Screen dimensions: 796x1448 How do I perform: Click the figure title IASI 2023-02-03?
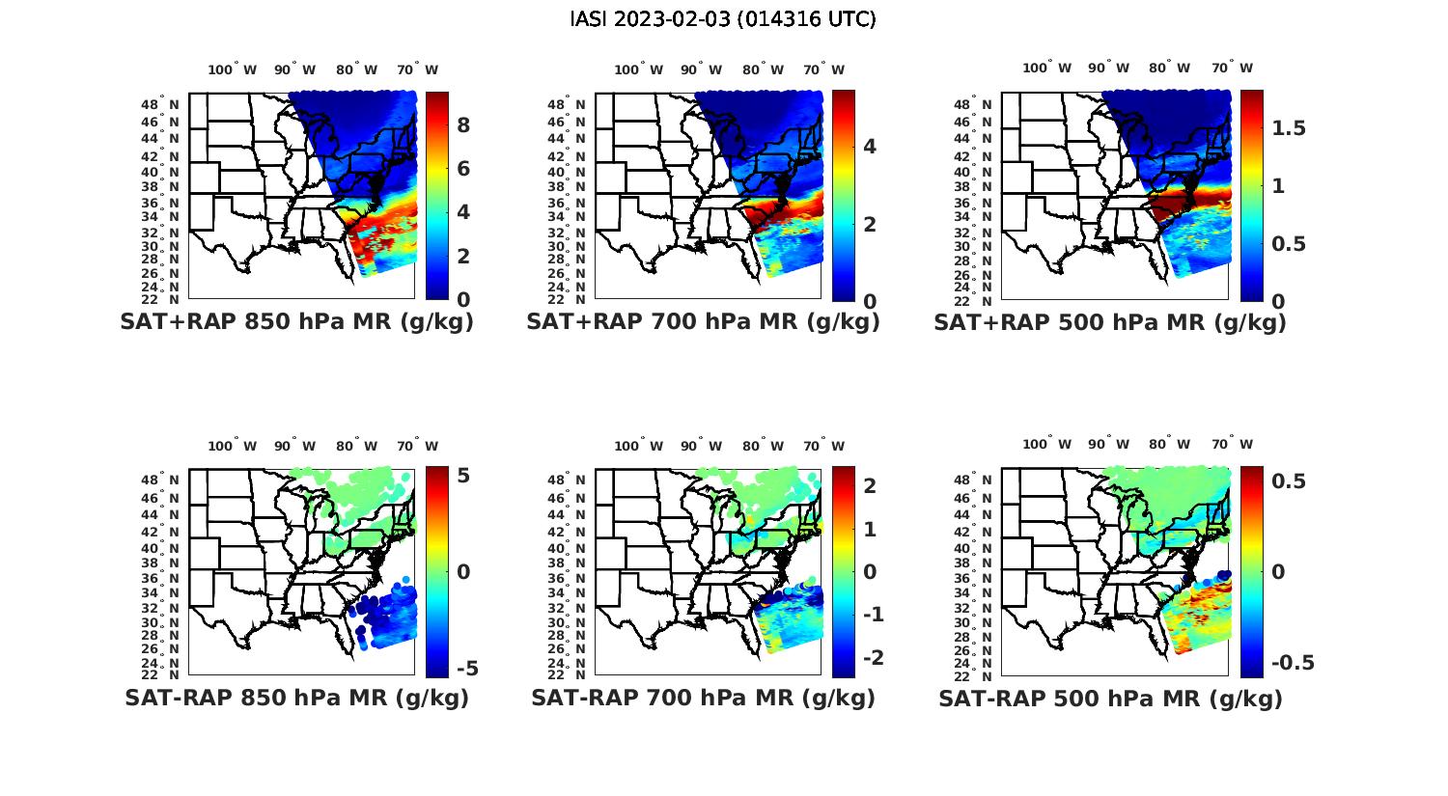pyautogui.click(x=723, y=19)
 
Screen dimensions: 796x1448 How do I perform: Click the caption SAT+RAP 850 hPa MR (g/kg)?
pyautogui.click(x=296, y=322)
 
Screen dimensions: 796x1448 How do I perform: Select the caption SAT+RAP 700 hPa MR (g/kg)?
pyautogui.click(x=703, y=322)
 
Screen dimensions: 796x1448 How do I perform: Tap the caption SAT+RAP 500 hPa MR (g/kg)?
pyautogui.click(x=1110, y=322)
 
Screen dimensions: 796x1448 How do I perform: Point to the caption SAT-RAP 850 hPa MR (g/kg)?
pyautogui.click(x=296, y=698)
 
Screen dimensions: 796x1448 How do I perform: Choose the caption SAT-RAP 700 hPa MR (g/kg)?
pyautogui.click(x=703, y=698)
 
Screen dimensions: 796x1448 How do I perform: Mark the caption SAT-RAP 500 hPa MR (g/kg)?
pyautogui.click(x=1110, y=698)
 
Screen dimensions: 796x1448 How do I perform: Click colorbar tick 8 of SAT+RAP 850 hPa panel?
pyautogui.click(x=463, y=125)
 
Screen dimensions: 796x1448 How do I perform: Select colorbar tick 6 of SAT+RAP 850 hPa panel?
pyautogui.click(x=463, y=169)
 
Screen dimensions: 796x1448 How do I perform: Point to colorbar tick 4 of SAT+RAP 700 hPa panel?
pyautogui.click(x=870, y=147)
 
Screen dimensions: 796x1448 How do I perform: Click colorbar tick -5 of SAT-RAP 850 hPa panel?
pyautogui.click(x=466, y=669)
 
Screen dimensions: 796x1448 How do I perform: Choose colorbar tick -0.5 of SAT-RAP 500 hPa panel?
pyautogui.click(x=1293, y=663)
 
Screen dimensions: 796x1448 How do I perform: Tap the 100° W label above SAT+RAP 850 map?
pyautogui.click(x=233, y=69)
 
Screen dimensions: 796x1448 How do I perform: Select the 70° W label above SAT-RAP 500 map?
pyautogui.click(x=1233, y=445)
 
